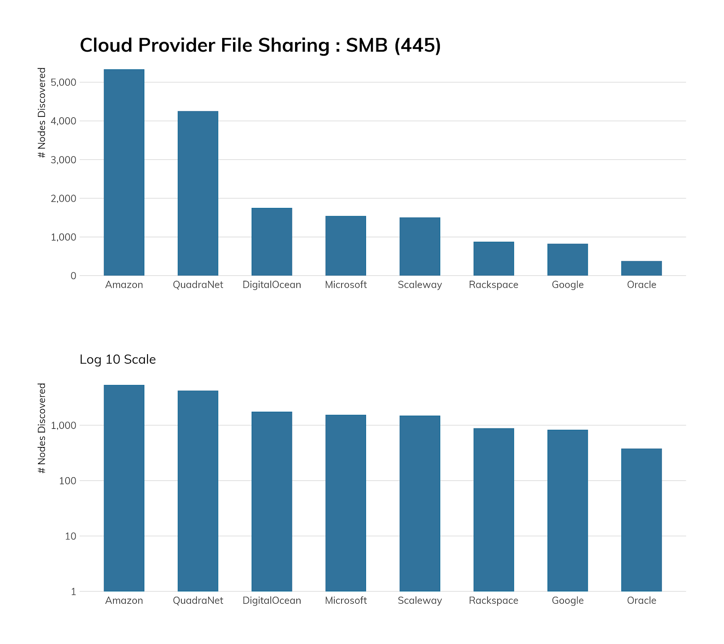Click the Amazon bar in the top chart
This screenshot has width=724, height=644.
[124, 172]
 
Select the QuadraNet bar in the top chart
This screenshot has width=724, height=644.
[198, 193]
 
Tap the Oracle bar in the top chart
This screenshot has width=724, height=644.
[641, 268]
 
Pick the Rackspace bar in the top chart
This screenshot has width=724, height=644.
[494, 259]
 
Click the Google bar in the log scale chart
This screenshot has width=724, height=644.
[567, 510]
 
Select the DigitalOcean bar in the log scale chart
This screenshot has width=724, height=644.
[272, 501]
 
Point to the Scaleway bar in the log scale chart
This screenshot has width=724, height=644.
[419, 503]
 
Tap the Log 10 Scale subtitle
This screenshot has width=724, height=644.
[118, 360]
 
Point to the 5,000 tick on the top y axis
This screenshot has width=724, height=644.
[64, 82]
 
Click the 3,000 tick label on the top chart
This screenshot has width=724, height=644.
[64, 160]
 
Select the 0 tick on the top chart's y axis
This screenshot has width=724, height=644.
[73, 276]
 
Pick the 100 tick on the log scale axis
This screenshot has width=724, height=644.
[67, 481]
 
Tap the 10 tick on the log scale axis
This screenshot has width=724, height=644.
[70, 536]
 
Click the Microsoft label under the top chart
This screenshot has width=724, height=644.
[346, 285]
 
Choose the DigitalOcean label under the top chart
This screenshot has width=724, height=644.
[272, 285]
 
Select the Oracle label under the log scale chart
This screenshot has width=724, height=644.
[641, 601]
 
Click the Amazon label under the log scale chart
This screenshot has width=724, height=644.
[124, 601]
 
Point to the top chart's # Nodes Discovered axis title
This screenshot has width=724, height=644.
[42, 113]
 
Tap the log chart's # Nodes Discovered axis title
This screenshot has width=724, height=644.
[42, 428]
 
